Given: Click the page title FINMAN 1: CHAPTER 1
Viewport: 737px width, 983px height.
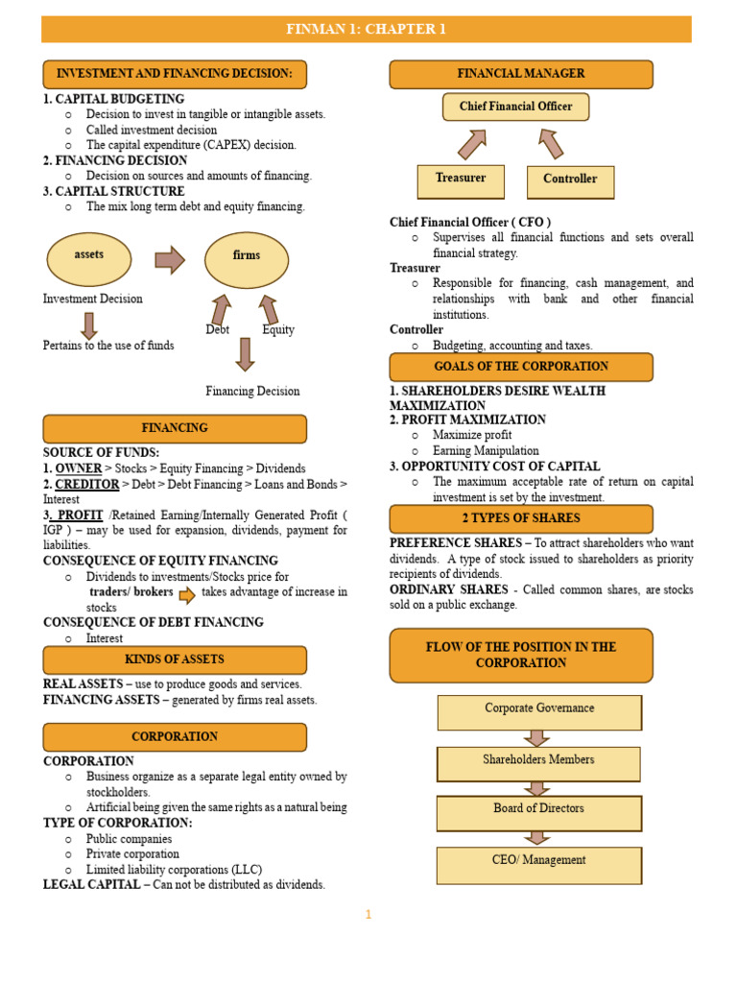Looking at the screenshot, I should [367, 29].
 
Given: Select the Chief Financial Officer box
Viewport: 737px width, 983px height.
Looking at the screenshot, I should [515, 107].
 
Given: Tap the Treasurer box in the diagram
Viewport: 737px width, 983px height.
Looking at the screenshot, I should [461, 180].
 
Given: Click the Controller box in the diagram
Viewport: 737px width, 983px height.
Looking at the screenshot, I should [570, 181].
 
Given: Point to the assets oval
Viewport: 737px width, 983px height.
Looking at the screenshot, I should [89, 258].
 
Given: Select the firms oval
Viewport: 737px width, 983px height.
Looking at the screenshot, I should [247, 258].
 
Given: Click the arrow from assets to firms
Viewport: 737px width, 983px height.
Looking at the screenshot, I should [170, 259].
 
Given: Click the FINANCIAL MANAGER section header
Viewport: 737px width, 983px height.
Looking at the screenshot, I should [521, 74].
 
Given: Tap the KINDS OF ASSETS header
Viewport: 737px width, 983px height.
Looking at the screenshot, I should [175, 659].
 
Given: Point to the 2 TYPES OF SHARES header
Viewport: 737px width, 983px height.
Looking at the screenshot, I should [521, 518].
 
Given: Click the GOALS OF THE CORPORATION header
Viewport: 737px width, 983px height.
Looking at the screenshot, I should [521, 367].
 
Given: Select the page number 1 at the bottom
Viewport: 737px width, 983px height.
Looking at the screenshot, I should [368, 915].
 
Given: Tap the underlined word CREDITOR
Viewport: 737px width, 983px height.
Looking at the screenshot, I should [87, 484].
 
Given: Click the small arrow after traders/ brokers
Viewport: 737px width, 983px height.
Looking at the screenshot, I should [187, 594].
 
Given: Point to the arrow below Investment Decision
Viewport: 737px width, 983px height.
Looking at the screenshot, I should [89, 324].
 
